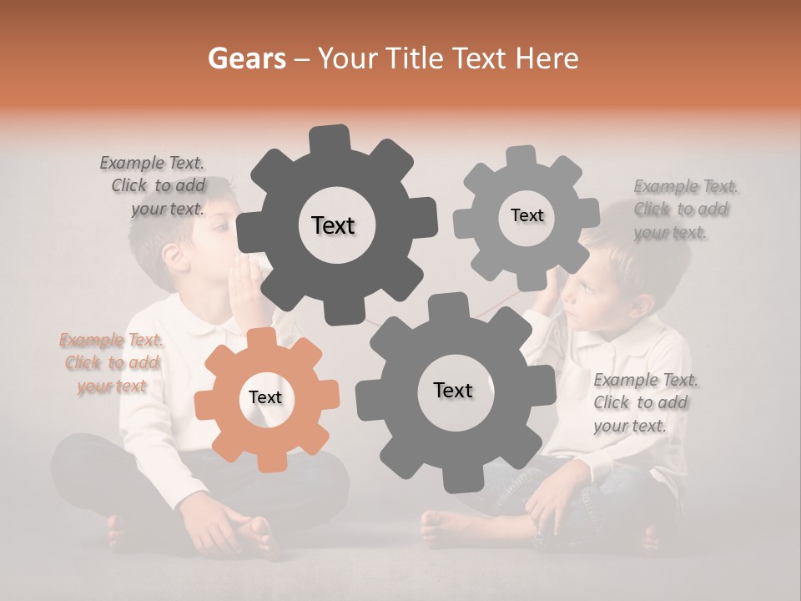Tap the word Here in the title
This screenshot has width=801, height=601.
(x=547, y=58)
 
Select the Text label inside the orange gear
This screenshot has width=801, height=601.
(x=265, y=397)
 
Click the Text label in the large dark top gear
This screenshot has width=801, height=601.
(x=333, y=225)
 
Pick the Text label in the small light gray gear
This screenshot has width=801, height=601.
(x=526, y=215)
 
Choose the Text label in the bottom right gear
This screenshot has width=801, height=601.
(x=453, y=390)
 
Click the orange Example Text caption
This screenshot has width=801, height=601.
(x=111, y=362)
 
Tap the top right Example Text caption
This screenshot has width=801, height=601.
(x=684, y=209)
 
